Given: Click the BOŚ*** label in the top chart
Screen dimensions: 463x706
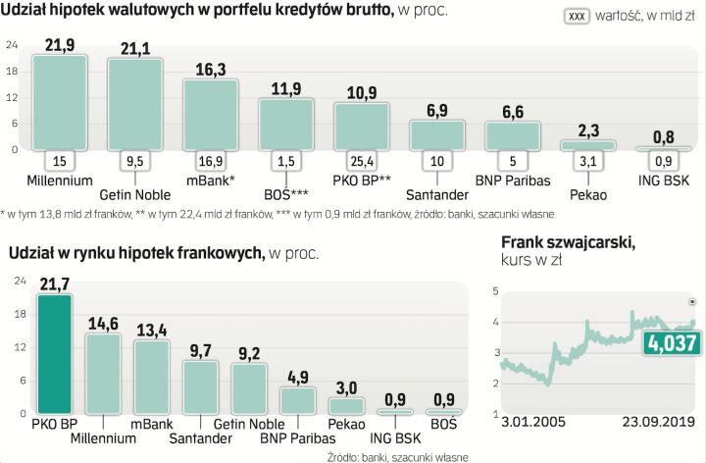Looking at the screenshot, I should click(x=284, y=194).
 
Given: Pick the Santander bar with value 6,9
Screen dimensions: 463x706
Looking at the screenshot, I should click(x=435, y=134).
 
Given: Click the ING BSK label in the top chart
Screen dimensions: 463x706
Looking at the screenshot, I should click(x=662, y=180).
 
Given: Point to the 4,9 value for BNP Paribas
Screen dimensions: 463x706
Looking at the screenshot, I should click(x=297, y=376).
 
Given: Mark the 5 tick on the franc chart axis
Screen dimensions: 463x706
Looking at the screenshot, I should click(x=495, y=291).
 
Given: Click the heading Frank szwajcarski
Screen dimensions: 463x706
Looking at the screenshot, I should click(x=568, y=242).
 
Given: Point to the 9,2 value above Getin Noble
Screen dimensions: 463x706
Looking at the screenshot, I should click(x=248, y=351).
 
